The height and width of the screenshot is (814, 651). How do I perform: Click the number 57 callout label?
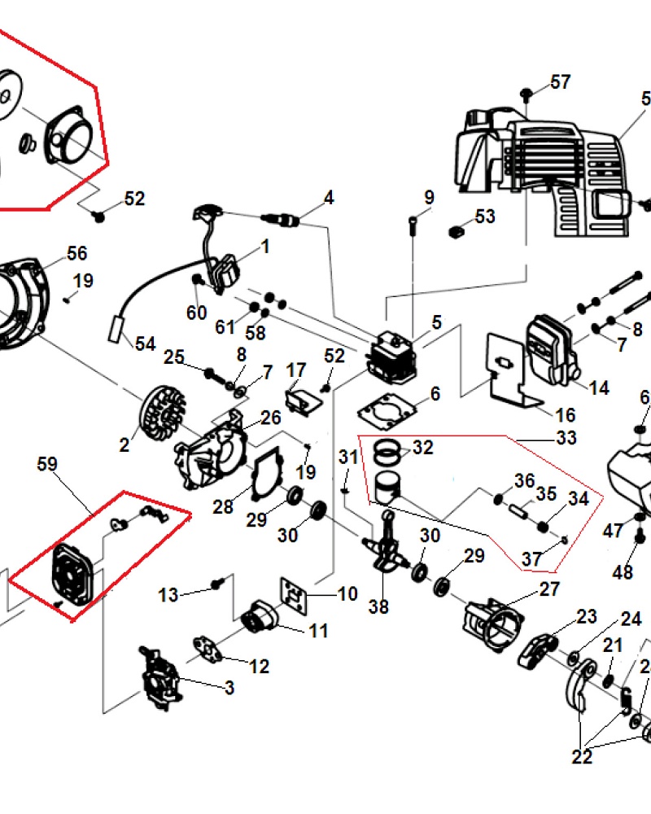pos(560,82)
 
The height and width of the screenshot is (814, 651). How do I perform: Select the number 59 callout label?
pos(47,465)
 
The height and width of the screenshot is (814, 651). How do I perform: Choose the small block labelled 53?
pos(457,232)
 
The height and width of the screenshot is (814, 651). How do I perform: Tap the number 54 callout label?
pos(145,344)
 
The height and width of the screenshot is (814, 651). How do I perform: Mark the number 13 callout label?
pos(168,595)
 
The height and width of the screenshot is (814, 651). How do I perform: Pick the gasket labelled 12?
pos(212,649)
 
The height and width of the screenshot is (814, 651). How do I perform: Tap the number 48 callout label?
pos(623,572)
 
